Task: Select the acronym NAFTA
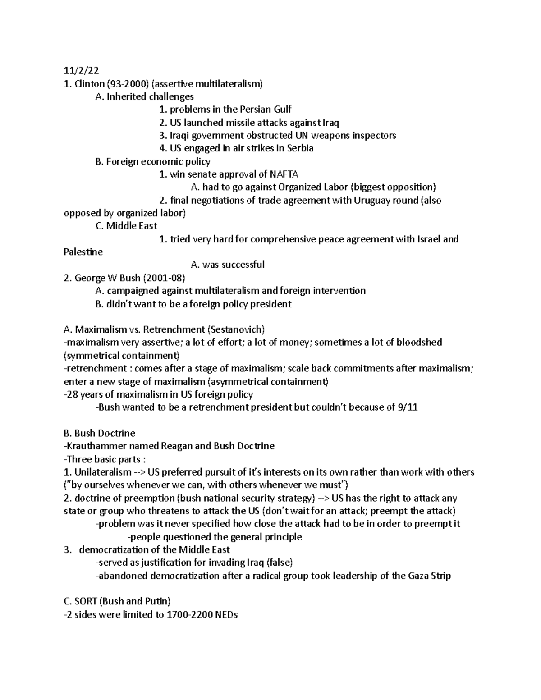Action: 284,174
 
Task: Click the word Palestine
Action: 83,252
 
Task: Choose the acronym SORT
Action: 86,601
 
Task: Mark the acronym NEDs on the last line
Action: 226,614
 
